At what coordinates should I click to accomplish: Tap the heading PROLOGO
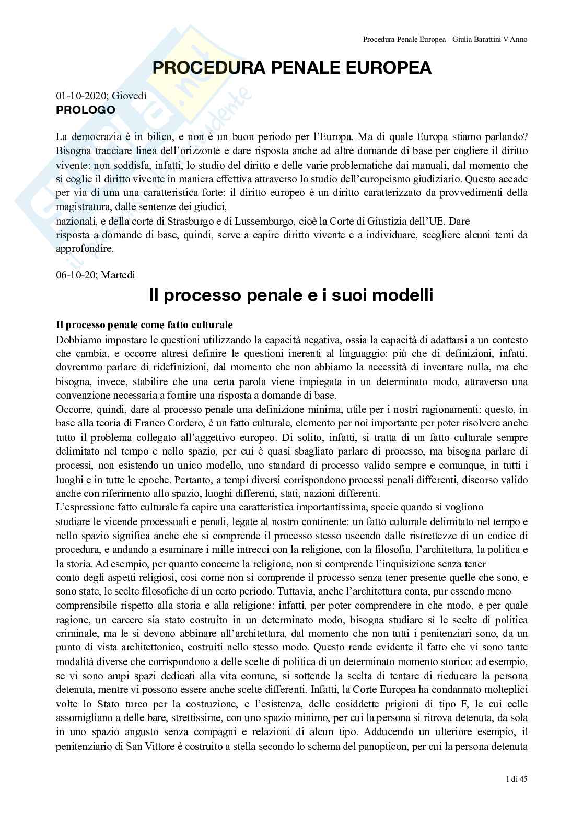click(85, 110)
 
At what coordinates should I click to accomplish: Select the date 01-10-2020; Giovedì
click(101, 96)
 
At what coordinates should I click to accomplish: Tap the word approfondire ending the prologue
click(85, 249)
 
